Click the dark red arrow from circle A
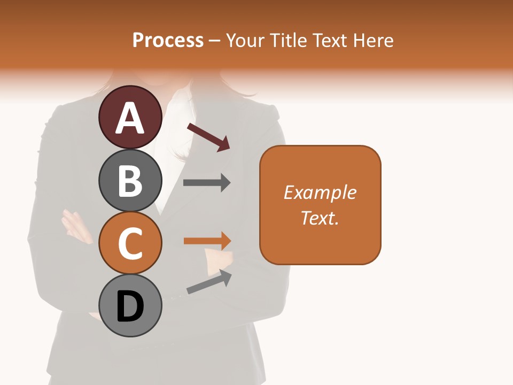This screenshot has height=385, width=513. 208,137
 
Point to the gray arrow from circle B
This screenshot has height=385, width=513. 206,183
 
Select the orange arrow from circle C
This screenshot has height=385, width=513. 207,241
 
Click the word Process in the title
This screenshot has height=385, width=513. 168,40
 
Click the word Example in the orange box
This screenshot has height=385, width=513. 320,192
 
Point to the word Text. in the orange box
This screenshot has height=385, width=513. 320,218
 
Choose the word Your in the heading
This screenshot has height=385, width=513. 246,40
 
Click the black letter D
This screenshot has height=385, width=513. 130,307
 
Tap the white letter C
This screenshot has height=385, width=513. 130,243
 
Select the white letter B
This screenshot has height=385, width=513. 130,181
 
